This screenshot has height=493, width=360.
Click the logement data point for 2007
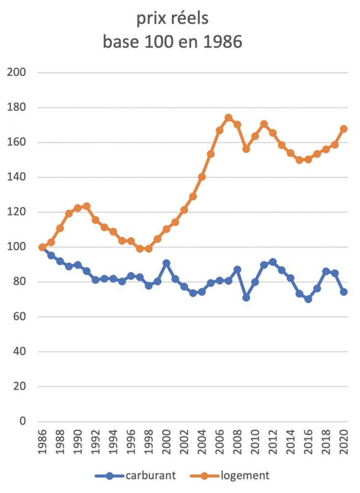tap(229, 118)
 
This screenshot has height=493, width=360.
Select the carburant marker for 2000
tap(167, 263)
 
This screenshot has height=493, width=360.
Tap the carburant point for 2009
tap(246, 298)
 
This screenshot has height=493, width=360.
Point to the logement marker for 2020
tap(344, 129)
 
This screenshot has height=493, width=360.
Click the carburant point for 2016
tap(308, 299)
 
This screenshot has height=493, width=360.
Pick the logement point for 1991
tap(87, 206)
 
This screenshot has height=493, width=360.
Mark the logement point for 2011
tap(264, 124)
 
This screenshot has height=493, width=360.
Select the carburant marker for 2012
tap(273, 262)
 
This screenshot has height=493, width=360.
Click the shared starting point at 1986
tap(42, 247)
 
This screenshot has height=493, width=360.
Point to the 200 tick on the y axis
tap(17, 73)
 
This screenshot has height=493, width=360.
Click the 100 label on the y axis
tap(17, 247)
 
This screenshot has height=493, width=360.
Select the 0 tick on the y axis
tap(22, 421)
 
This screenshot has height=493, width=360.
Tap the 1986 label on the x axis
tap(42, 445)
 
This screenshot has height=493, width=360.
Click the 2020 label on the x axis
tap(344, 445)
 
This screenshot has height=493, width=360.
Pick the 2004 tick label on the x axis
tap(202, 445)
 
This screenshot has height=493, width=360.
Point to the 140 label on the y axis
tap(17, 177)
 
